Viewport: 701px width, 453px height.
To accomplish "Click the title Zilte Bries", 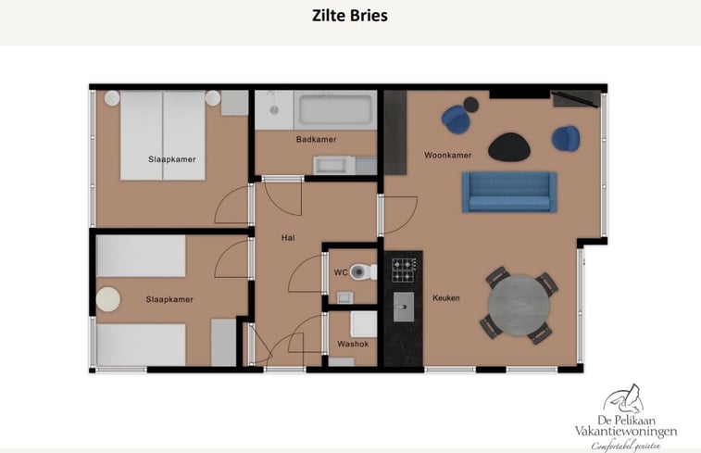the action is (x=350, y=15).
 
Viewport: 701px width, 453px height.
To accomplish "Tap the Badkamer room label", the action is (x=316, y=140).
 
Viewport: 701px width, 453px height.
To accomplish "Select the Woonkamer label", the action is (x=447, y=156).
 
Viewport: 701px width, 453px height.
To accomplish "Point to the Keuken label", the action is (x=445, y=297).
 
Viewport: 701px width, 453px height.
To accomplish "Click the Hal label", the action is (x=288, y=238).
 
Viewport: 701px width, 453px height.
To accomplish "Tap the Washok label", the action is (x=353, y=344).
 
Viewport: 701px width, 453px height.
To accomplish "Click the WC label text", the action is (x=341, y=272).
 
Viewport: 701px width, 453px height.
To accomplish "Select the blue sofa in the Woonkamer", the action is (x=509, y=192).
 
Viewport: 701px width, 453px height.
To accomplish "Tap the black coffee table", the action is (x=509, y=147).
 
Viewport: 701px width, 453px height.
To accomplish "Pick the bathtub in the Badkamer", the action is (x=335, y=110).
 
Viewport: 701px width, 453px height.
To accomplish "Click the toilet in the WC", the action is (x=363, y=271).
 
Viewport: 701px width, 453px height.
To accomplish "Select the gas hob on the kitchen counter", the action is (x=403, y=270).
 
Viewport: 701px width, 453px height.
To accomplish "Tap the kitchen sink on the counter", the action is (x=403, y=308).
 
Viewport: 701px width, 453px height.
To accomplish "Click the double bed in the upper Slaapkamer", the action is (x=162, y=135).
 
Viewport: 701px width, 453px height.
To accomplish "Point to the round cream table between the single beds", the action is (x=108, y=299).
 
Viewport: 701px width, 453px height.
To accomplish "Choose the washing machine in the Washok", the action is (x=363, y=323).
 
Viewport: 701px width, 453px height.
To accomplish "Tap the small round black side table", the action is (x=470, y=105).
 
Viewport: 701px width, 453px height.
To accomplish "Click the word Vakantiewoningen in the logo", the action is (x=625, y=432).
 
